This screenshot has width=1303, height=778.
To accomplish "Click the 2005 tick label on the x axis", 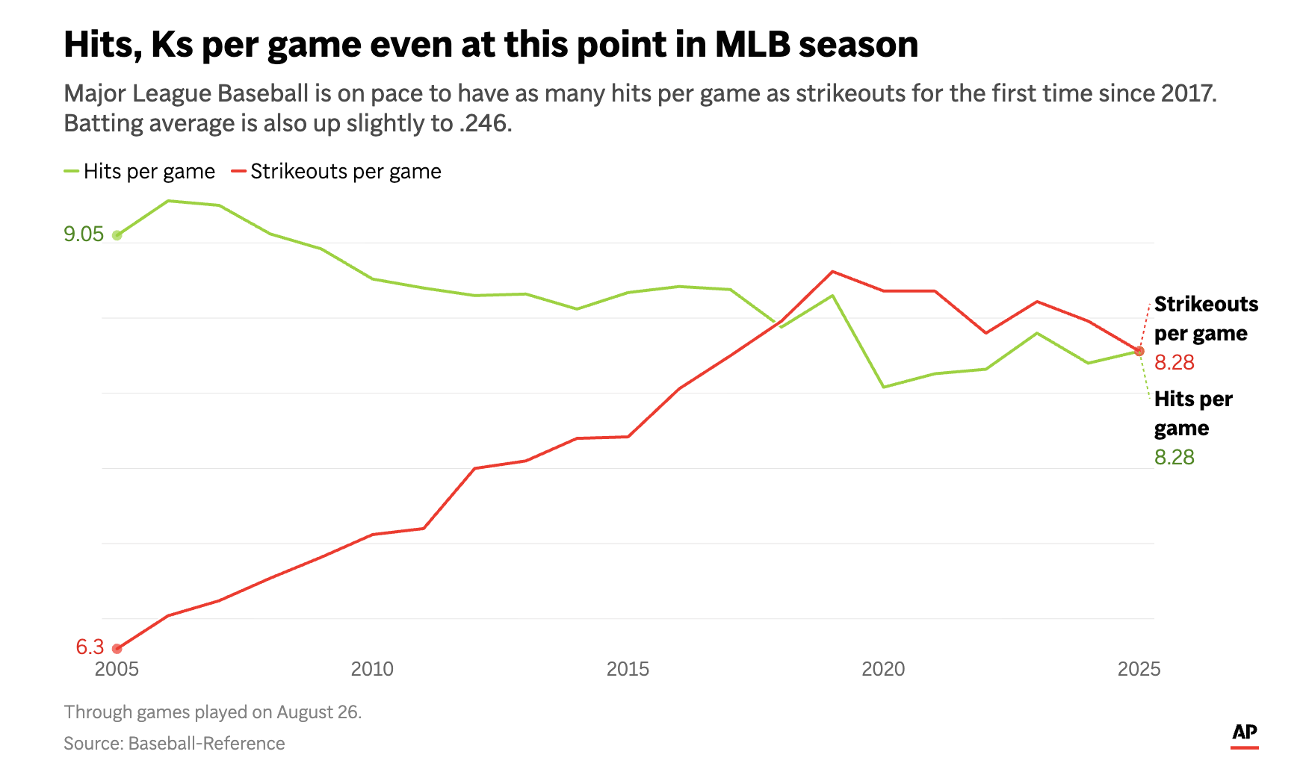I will (x=117, y=669).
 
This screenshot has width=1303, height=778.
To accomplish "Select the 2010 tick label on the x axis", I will (x=372, y=669).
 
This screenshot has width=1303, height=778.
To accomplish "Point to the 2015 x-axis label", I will (x=628, y=669).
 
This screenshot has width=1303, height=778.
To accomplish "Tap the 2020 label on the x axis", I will (x=883, y=669).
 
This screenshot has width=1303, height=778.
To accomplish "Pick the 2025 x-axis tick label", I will (x=1139, y=669).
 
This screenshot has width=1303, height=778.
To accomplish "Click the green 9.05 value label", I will (x=84, y=234).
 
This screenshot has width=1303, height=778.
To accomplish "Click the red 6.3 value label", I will (x=90, y=647).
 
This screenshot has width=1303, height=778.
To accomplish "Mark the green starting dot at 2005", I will (x=117, y=235).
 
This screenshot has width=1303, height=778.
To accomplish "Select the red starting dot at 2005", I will (x=117, y=649).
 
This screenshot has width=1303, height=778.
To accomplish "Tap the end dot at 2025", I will (x=1139, y=351).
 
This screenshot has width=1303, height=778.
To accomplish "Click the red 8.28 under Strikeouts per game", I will (x=1174, y=363).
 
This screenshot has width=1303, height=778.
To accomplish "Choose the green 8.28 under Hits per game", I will (x=1174, y=458).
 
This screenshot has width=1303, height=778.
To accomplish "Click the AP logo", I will (x=1244, y=734).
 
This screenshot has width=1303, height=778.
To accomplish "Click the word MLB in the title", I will (x=752, y=45).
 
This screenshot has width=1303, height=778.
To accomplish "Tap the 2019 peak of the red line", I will (x=832, y=272).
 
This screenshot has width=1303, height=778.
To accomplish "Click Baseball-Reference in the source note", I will (x=207, y=744).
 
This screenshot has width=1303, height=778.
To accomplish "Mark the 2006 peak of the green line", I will (x=168, y=201).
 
